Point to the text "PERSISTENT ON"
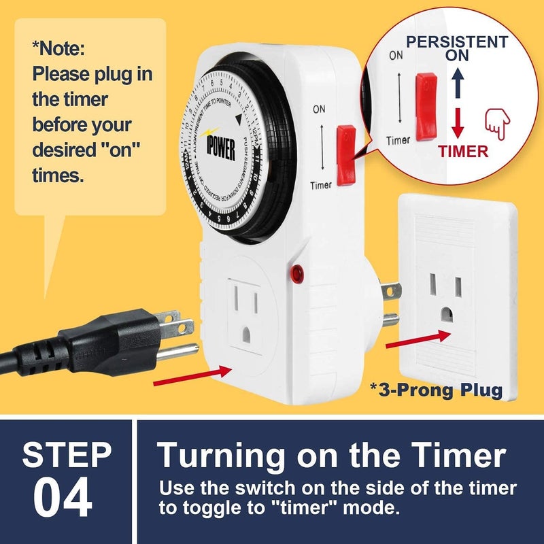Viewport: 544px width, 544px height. [457, 48]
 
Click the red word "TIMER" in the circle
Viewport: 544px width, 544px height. [462, 151]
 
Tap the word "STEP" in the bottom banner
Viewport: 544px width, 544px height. [67, 455]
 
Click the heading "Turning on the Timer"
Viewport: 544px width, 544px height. [332, 456]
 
